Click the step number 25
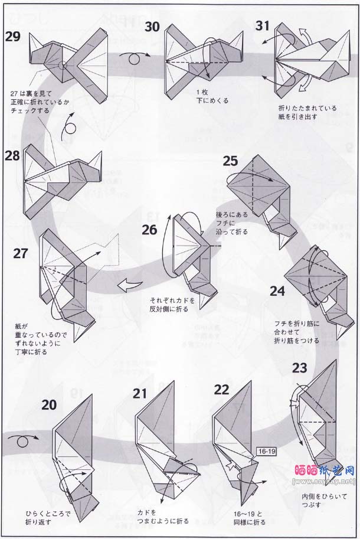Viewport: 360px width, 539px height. pos(230,161)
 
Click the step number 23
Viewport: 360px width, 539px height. pos(299,368)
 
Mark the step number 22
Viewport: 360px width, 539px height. pos(221,390)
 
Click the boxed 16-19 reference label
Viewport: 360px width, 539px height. pos(266,451)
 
